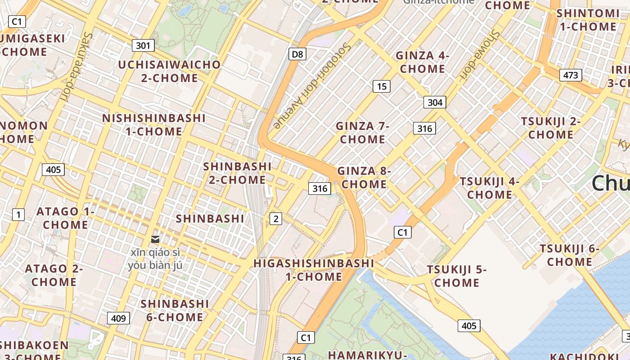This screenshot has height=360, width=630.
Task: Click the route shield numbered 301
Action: [143, 45]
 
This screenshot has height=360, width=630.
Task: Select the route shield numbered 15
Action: [382, 86]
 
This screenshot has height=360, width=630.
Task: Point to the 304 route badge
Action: [435, 102]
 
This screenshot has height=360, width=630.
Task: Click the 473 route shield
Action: [571, 75]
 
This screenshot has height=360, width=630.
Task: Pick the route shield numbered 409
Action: [118, 318]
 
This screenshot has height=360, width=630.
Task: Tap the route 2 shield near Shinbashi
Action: [275, 219]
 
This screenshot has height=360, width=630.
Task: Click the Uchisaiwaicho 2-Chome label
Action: [169, 71]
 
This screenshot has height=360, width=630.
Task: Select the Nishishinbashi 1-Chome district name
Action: [154, 125]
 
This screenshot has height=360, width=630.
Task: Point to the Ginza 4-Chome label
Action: [422, 62]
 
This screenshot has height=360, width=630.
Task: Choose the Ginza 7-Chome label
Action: [362, 132]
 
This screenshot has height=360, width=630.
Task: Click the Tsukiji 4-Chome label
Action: [489, 188]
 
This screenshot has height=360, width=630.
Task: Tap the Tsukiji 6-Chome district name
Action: [570, 255]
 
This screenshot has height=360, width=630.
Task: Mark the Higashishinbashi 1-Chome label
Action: [314, 270]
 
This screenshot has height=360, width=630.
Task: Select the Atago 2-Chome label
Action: [54, 275]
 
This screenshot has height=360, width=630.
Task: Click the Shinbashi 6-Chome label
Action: [175, 310]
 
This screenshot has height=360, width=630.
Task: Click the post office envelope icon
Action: [155, 239]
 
